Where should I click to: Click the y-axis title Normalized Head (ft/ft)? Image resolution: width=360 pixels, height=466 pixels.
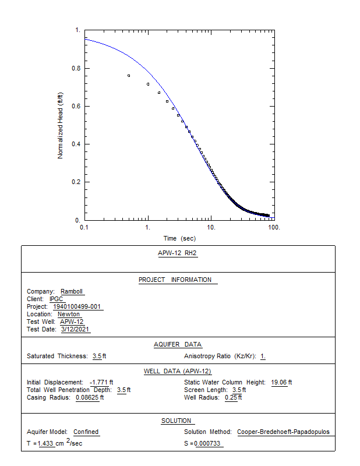click(x=60, y=125)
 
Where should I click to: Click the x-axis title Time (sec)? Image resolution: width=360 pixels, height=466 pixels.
click(x=179, y=238)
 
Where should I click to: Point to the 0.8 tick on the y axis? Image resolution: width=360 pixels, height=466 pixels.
click(x=76, y=68)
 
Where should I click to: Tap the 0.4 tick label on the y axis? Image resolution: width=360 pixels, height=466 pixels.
click(x=76, y=144)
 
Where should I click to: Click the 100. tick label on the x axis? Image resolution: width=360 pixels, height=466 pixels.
click(x=274, y=227)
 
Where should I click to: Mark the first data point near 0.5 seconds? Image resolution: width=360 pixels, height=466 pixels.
click(x=129, y=76)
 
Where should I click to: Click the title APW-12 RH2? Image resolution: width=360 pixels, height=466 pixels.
click(x=178, y=253)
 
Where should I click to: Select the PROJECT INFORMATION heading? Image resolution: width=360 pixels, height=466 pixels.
click(x=175, y=280)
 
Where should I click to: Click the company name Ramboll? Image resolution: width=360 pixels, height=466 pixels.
click(x=72, y=292)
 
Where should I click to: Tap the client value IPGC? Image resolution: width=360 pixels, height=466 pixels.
click(x=57, y=299)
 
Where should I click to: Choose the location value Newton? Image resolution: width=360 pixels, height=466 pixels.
click(x=69, y=315)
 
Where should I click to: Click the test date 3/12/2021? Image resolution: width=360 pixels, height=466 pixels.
click(x=75, y=330)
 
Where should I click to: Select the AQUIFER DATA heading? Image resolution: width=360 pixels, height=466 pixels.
click(x=178, y=345)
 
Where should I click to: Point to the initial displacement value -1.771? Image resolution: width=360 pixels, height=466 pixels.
click(x=101, y=383)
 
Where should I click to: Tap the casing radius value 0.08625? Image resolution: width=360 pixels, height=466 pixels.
click(x=89, y=398)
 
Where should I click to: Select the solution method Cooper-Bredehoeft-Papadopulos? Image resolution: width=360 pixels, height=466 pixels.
click(x=283, y=432)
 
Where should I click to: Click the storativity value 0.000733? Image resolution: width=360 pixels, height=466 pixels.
click(x=208, y=444)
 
